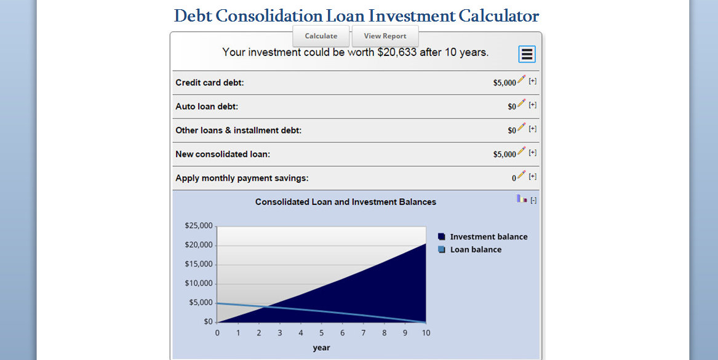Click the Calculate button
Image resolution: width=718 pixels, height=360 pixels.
tap(321, 36)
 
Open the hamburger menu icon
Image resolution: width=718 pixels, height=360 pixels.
tap(527, 54)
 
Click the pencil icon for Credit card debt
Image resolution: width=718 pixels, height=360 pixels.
tap(522, 79)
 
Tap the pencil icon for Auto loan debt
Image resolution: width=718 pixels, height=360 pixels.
tap(522, 103)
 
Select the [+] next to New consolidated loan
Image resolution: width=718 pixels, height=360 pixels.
tap(533, 153)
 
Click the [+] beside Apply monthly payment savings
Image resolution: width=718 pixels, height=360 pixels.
tap(533, 177)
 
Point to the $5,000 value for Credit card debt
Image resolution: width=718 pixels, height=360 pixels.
tap(505, 83)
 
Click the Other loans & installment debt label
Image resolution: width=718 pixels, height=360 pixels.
tap(238, 130)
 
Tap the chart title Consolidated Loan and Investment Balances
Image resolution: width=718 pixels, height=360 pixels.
tap(346, 202)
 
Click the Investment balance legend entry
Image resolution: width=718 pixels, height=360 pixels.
tap(489, 237)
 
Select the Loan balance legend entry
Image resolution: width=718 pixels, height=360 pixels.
tap(476, 250)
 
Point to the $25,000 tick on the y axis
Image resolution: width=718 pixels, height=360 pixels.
tap(198, 226)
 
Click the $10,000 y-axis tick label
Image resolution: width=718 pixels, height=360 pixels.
tap(198, 284)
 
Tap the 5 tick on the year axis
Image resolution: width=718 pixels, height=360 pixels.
tap(321, 333)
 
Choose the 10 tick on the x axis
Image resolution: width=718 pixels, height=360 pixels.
tap(426, 333)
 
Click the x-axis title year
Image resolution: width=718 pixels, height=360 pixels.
tap(321, 348)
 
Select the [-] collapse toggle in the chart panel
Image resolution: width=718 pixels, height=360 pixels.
tap(533, 200)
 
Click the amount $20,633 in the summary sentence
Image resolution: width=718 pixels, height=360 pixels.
tap(396, 53)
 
